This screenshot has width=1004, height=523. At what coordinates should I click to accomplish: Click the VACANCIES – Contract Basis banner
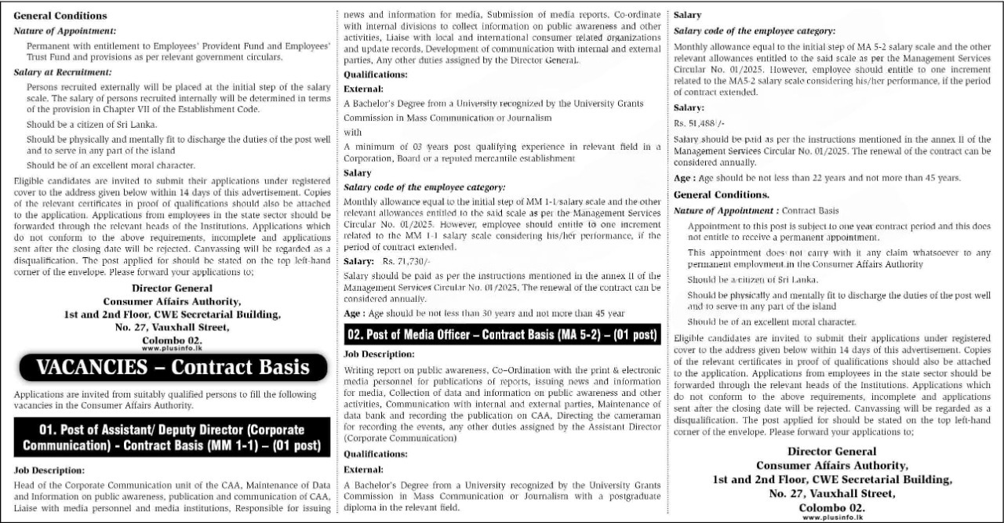pos(172,367)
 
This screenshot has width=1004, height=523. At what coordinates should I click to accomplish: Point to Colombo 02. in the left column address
pos(172,340)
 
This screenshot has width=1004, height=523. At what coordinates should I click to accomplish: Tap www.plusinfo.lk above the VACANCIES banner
pos(172,348)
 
